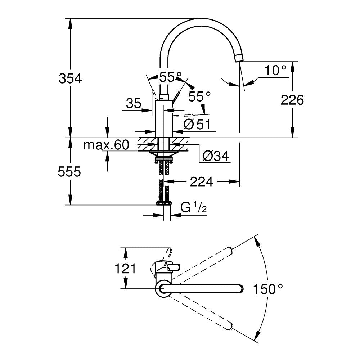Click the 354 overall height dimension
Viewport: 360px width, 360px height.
coord(70,78)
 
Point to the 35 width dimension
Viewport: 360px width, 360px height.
coord(134,104)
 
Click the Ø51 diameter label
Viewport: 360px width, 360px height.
coord(197,124)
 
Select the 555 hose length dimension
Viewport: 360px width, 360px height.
coord(69,172)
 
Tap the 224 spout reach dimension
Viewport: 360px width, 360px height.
coord(201,182)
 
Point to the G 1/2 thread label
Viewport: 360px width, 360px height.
coord(193,208)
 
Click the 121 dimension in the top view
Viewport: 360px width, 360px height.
coord(125,268)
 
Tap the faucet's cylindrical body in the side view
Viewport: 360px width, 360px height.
coord(164,119)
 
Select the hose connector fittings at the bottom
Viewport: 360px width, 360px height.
coord(164,203)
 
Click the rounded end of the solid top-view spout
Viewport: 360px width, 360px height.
coord(239,288)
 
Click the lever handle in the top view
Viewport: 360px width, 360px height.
coord(174,267)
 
